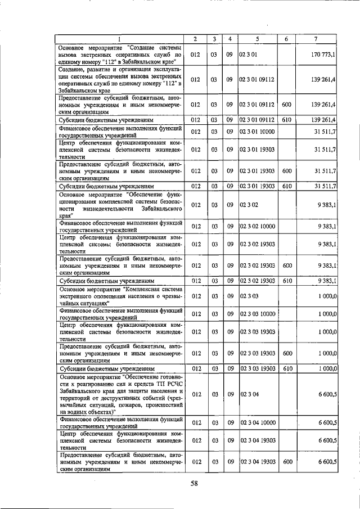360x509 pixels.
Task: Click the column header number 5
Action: point(256,38)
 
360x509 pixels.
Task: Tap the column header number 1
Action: point(120,38)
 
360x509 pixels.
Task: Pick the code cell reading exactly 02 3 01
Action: point(248,55)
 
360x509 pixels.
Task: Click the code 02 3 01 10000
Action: point(257,132)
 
